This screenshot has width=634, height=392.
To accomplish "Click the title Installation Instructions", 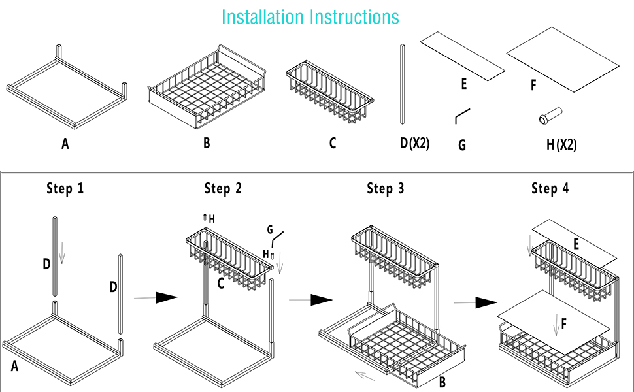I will pos(310,16).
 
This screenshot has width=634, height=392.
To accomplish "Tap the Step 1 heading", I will pos(65,189).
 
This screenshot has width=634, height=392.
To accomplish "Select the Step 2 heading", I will pos(222,189).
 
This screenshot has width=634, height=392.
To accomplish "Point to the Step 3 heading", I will pos(385,189).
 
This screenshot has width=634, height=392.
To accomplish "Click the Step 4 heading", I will pos(550,189).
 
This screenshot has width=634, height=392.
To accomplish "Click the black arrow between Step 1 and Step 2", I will pos(156,297).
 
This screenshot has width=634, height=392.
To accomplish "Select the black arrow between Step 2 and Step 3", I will pos(312,300).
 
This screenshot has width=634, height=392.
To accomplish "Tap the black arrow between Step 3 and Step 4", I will pos(476,303).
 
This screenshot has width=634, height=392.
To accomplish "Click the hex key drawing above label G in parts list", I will pos(463,116).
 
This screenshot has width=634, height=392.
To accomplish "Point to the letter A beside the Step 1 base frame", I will pos(14,367).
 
